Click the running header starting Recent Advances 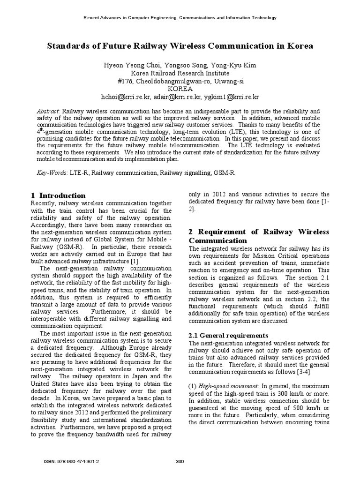180,18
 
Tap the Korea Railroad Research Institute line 180,73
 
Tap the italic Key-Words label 52,173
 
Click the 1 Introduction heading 58,195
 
